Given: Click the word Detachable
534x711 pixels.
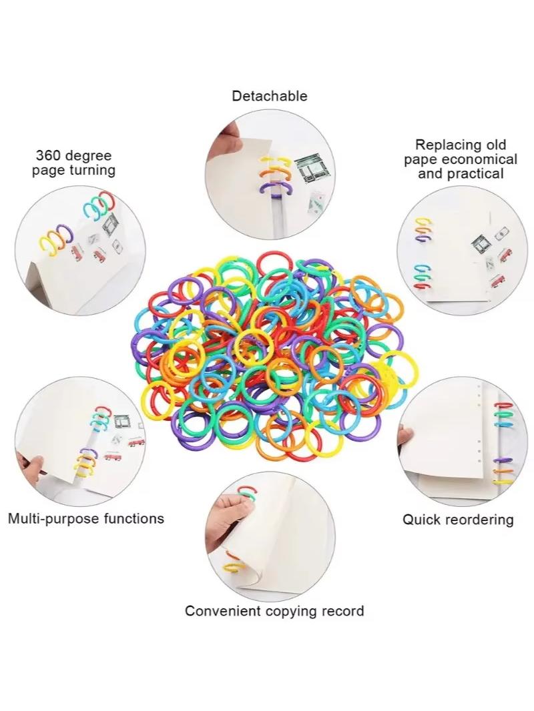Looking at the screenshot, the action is click(270, 96).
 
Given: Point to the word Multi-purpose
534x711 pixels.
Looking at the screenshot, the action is click(53, 518).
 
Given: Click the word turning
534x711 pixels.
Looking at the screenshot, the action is click(92, 171).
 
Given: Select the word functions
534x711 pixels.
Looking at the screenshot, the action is click(134, 518).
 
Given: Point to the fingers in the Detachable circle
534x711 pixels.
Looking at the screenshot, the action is click(228, 138).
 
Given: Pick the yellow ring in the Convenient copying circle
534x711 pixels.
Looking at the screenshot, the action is click(234, 566).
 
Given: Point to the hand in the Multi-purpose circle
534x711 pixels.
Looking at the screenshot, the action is click(33, 467).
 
